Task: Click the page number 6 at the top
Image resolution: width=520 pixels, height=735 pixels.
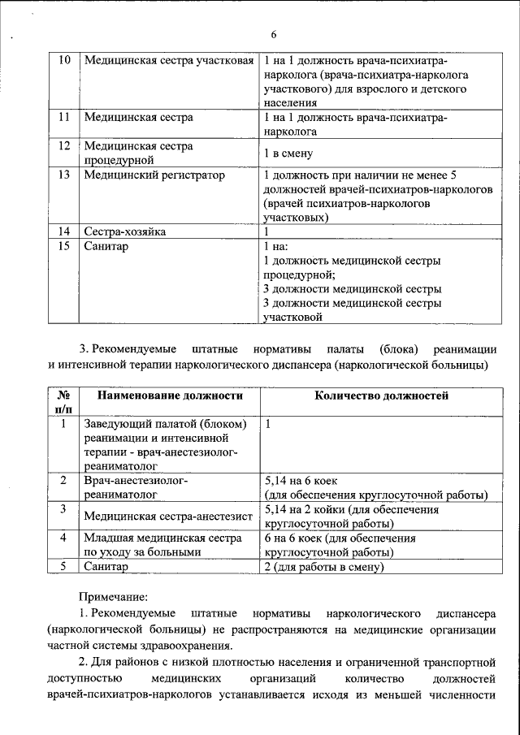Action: click(x=274, y=34)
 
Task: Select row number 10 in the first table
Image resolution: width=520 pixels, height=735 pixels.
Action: click(x=65, y=62)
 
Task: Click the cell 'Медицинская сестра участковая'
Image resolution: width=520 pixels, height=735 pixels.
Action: click(x=169, y=62)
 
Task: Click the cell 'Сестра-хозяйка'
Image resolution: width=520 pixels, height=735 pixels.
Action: click(x=125, y=231)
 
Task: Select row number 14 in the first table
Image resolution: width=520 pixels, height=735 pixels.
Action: click(x=65, y=231)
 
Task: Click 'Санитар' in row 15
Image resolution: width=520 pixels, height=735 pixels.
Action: click(x=106, y=246)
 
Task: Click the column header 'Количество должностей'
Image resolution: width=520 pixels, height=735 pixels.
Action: click(x=382, y=396)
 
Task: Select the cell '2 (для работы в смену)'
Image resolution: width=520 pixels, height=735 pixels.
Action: click(x=323, y=567)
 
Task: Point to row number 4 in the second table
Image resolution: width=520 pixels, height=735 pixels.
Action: click(x=63, y=538)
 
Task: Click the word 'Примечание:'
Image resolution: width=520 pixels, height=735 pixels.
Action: click(x=113, y=597)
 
